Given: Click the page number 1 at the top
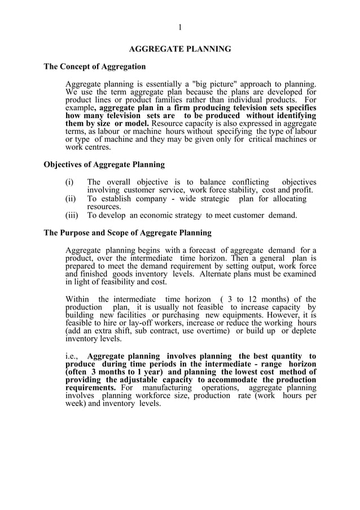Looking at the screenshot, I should point(180,28).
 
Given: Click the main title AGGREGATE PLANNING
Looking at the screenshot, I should point(180,49).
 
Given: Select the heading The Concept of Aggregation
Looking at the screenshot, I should point(95,67).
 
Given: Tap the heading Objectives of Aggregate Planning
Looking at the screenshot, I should point(104,165).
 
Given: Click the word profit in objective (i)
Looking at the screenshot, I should point(302,190).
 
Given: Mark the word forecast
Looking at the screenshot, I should point(203,250).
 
